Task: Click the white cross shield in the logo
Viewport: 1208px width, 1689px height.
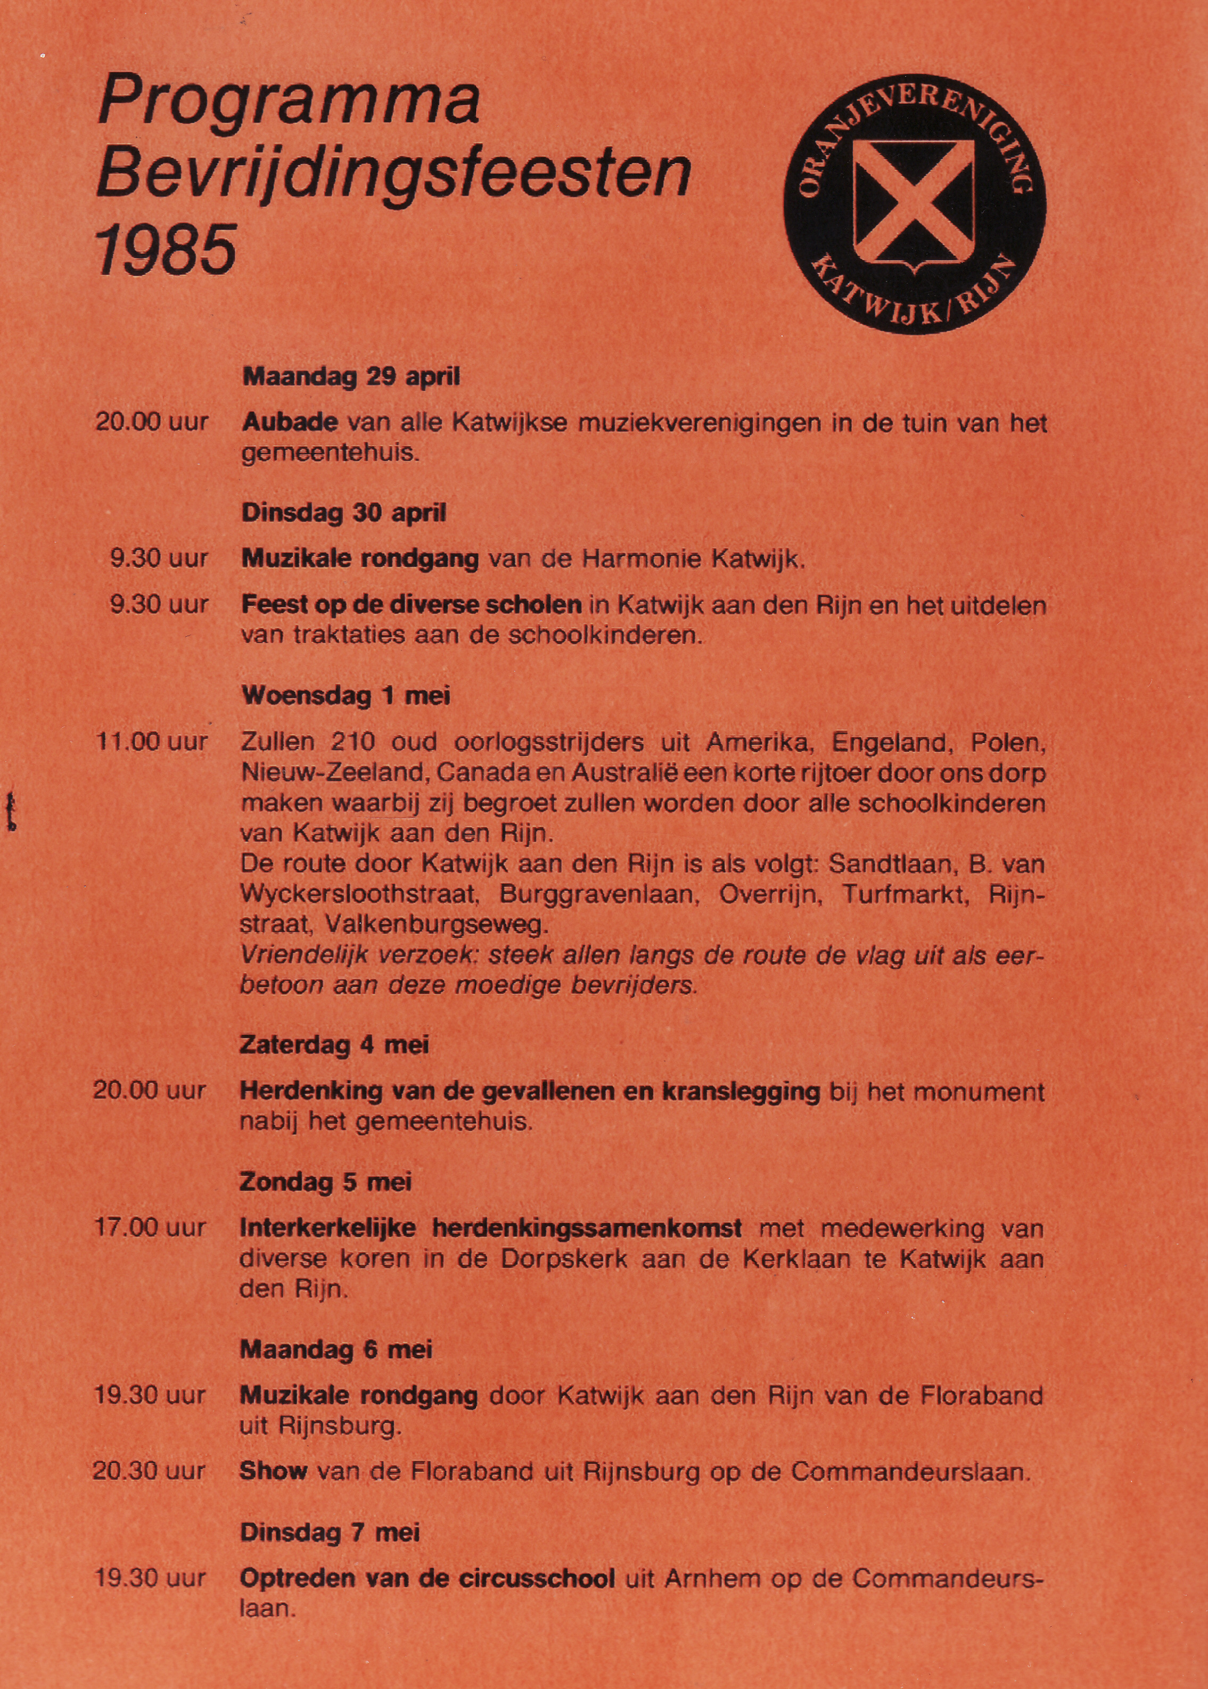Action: [914, 202]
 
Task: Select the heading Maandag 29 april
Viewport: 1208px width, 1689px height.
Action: [351, 377]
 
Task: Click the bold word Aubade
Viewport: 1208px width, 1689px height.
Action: [290, 423]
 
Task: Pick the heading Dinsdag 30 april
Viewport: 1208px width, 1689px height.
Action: [343, 513]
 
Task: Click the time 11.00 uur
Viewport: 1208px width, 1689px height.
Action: [151, 741]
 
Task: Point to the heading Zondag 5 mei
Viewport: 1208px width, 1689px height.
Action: [325, 1182]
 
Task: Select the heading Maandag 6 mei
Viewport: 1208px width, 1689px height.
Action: [335, 1350]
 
